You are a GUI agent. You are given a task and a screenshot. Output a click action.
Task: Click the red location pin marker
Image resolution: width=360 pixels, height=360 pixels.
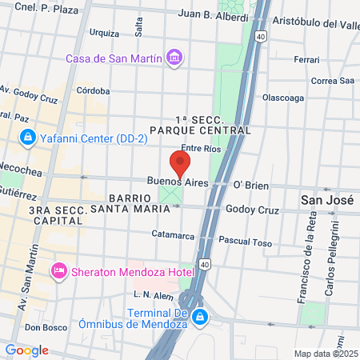tap(180, 164)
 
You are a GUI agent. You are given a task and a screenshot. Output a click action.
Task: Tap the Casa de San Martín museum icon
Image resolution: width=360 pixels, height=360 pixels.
tap(174, 58)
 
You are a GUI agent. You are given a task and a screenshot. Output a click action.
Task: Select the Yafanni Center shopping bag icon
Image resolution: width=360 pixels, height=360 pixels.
tap(28, 138)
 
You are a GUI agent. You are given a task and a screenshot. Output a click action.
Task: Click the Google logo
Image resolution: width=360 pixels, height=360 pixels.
tap(26, 350)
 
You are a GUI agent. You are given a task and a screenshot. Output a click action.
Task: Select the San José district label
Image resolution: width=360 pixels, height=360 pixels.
tap(324, 198)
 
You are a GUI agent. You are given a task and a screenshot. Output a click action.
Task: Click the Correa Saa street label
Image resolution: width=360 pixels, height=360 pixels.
tap(332, 80)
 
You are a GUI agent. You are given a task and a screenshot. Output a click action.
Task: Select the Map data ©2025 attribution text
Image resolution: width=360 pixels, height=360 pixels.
tap(326, 354)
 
